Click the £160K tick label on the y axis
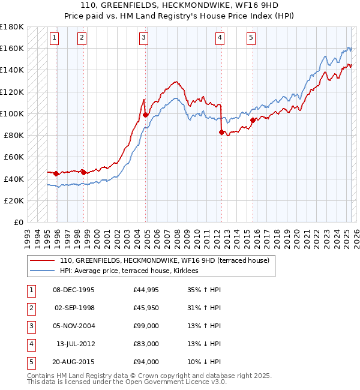[x=12, y=48]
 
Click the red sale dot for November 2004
[x=146, y=115]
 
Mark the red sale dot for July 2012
[x=222, y=132]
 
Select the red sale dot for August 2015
[x=253, y=120]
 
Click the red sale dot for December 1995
[x=56, y=173]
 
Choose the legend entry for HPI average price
[x=133, y=271]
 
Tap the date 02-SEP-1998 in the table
[x=74, y=308]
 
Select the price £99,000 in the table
[x=146, y=326]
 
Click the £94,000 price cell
[x=146, y=362]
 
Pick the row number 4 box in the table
[x=30, y=344]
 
